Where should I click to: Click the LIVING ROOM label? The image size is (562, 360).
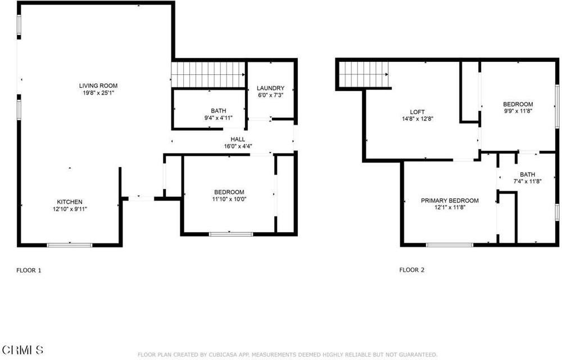98,85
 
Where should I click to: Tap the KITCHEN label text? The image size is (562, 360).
70,202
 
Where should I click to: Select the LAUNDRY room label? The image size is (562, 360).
270,88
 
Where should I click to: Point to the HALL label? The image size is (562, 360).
237,139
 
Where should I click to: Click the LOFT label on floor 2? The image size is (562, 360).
417,111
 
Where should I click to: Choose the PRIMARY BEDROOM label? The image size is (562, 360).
450,200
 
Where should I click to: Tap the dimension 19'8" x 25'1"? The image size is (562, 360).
98,92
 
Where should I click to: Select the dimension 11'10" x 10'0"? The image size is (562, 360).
229,199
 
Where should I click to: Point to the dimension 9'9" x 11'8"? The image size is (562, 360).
518,111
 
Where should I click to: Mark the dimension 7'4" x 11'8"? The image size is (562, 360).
527,181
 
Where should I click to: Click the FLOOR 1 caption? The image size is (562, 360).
29,271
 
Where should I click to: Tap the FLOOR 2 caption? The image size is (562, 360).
412,270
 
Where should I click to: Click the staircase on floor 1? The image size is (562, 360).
209,75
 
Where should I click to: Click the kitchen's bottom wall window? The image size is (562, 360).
70,245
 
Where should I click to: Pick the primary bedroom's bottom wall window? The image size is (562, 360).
450,245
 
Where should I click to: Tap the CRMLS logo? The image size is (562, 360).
22,350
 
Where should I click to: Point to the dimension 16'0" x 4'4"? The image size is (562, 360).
237,146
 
